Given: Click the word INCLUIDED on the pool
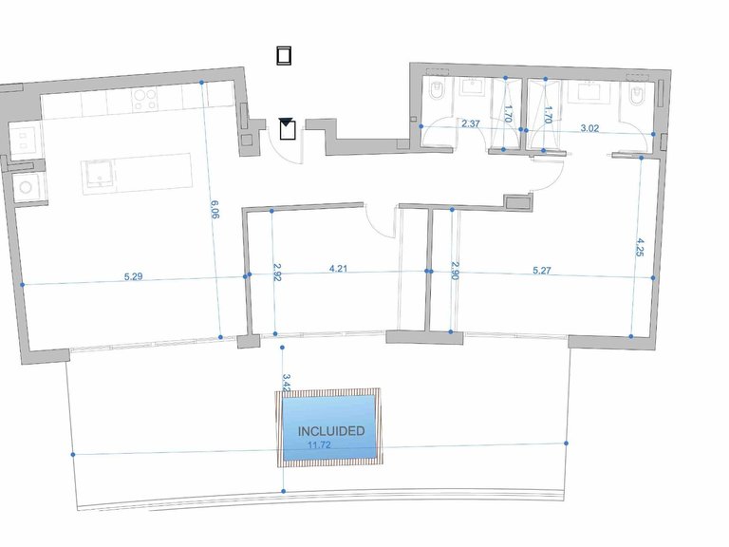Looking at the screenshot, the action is pyautogui.click(x=331, y=431).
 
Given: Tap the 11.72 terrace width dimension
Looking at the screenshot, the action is pyautogui.click(x=319, y=445).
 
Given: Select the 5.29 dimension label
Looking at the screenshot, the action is pyautogui.click(x=134, y=276).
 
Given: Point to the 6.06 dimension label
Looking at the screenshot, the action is pyautogui.click(x=215, y=209).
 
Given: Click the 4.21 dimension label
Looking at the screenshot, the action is pyautogui.click(x=338, y=269).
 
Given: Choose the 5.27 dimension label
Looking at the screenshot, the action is pyautogui.click(x=542, y=270).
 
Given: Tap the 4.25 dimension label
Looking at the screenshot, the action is pyautogui.click(x=640, y=247).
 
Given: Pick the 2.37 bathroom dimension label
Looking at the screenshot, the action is pyautogui.click(x=471, y=123).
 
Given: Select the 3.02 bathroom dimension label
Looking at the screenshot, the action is pyautogui.click(x=589, y=128).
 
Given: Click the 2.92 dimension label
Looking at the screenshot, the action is pyautogui.click(x=277, y=273).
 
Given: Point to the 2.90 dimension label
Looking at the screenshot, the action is pyautogui.click(x=456, y=271).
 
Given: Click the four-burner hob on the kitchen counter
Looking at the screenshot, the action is pyautogui.click(x=144, y=100).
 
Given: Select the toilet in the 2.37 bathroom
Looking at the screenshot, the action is pyautogui.click(x=436, y=91).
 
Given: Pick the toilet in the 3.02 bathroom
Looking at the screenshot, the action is pyautogui.click(x=634, y=95).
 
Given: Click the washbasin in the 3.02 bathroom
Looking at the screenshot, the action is pyautogui.click(x=591, y=91).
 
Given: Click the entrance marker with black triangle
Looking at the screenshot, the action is pyautogui.click(x=287, y=129).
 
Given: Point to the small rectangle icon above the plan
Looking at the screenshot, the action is pyautogui.click(x=284, y=56).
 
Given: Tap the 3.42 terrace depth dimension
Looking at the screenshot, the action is pyautogui.click(x=287, y=384).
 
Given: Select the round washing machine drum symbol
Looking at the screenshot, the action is pyautogui.click(x=26, y=187).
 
